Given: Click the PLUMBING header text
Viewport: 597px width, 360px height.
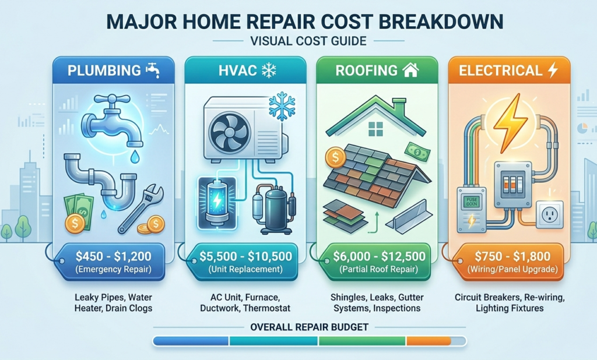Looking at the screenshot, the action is click(104, 71).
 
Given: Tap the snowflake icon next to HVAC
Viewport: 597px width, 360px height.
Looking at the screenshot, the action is click(269, 70).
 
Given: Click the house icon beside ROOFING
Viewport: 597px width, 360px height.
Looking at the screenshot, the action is click(410, 70).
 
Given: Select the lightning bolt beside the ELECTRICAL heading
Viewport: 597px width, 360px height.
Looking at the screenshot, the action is click(553, 70).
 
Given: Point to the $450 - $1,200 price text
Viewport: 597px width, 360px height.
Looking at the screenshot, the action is click(114, 256).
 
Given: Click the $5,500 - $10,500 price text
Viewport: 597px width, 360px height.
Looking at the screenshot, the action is click(245, 256).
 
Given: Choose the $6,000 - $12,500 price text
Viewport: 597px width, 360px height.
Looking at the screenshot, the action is click(379, 256).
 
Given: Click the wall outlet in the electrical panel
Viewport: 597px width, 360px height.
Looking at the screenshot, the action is click(549, 214).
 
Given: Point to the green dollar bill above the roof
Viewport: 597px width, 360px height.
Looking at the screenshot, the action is click(417, 151).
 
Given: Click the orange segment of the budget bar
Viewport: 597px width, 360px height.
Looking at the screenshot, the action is click(429, 341).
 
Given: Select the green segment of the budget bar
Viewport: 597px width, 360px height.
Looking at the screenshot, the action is click(363, 341).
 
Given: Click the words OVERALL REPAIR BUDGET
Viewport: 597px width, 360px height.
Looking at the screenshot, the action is click(309, 327).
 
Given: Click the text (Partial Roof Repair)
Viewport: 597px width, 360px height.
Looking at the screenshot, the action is click(379, 270).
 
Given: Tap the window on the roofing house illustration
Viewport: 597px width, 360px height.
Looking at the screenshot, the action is click(376, 129).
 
